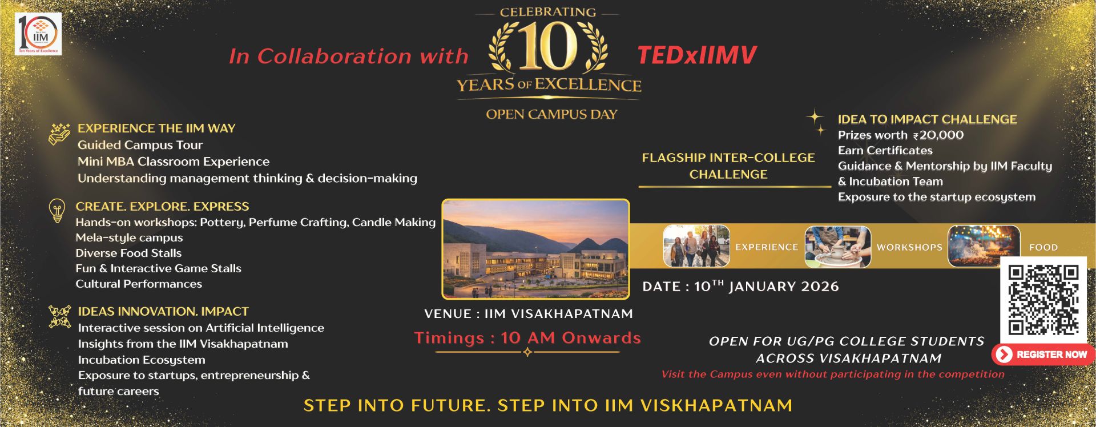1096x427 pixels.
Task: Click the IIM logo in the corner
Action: [x=38, y=34]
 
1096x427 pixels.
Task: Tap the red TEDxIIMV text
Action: [x=696, y=55]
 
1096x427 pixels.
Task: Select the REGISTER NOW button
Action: [x=1043, y=355]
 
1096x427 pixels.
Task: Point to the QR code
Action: [x=1043, y=299]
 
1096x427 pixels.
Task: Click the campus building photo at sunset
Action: [x=535, y=249]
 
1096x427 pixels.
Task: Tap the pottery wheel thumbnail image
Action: [x=837, y=247]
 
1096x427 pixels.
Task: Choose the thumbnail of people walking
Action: [x=696, y=246]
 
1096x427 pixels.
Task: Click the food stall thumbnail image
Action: [x=984, y=246]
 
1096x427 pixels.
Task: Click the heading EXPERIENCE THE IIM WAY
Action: [x=156, y=128]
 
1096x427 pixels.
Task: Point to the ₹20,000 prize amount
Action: [x=938, y=135]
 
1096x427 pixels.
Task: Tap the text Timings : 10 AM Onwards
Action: [x=527, y=338]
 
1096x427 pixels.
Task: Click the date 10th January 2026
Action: [x=740, y=286]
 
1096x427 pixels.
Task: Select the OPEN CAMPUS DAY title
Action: [x=551, y=114]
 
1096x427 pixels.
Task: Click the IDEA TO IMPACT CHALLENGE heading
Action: [x=927, y=119]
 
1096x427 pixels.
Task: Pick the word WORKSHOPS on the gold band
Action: [x=909, y=247]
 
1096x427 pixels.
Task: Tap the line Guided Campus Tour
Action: [x=140, y=145]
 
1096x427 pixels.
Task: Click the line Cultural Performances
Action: [x=139, y=284]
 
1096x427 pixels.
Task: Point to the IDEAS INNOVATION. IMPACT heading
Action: [x=163, y=312]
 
